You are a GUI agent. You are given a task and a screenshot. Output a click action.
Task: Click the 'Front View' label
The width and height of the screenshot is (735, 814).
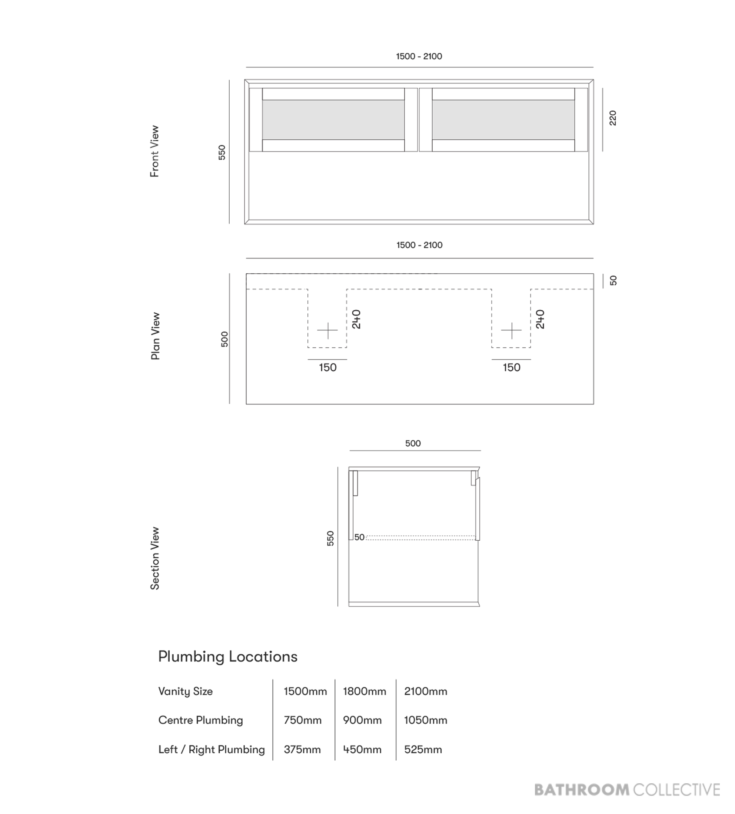coord(155,151)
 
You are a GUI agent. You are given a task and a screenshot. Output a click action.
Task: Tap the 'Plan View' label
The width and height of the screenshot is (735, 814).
coord(156,336)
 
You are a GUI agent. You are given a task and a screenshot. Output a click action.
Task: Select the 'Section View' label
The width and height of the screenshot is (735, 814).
coord(155,558)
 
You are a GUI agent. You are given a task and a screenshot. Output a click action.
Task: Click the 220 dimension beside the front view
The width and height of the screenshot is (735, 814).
coord(613,118)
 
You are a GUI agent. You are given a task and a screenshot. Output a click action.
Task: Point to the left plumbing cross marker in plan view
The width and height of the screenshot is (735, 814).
coord(327,331)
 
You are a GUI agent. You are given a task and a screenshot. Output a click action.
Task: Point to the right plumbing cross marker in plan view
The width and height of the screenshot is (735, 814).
coord(511,331)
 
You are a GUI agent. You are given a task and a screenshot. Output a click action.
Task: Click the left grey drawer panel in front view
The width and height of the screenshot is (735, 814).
coord(333,120)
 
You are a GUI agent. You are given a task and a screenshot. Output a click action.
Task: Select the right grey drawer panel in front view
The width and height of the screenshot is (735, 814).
coord(503,120)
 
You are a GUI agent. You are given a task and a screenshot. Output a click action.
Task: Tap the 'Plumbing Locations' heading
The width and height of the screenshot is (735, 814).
coord(228,657)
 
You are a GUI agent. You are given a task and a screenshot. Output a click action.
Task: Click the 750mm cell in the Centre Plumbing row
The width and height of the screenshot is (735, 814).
coord(302,720)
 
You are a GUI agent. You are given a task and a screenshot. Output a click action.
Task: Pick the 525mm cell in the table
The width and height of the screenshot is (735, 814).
coord(423,750)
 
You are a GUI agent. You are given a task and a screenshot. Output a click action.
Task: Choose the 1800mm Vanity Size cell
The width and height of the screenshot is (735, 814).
coord(365,691)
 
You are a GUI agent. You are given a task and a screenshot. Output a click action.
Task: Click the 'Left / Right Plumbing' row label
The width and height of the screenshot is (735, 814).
coord(212,750)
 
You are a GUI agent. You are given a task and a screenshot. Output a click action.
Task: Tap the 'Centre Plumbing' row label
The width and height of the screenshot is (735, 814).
coord(201,720)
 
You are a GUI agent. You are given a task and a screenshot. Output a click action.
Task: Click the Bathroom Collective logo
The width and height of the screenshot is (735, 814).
coord(627,790)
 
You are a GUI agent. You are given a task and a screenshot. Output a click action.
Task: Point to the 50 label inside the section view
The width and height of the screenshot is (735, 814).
coord(359,537)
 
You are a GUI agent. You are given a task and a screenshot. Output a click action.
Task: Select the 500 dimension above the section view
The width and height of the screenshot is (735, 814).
coord(413,443)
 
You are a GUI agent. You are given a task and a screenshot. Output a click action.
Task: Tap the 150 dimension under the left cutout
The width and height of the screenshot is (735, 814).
coord(327,367)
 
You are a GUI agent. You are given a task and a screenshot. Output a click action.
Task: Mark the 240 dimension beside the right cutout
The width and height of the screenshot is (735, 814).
coord(540,319)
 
